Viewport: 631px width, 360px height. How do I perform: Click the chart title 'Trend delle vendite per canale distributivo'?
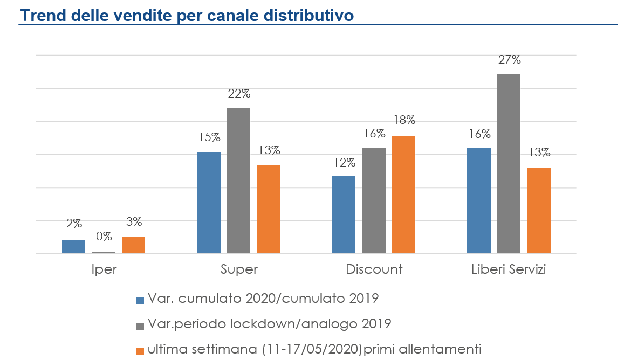187,15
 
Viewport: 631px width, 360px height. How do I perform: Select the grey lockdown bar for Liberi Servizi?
509,164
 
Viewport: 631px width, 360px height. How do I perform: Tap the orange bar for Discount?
403,195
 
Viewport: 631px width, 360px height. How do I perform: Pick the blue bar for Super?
209,203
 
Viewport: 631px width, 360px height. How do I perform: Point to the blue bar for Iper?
73,246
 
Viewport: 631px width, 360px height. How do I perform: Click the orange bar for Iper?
133,245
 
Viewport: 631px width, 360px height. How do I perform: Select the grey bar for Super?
238,181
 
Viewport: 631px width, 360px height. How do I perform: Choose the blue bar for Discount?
344,214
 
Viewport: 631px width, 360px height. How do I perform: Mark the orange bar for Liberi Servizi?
538,211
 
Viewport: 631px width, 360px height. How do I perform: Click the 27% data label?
509,60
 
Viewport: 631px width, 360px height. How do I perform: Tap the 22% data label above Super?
239,94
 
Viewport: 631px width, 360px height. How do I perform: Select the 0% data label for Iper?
104,236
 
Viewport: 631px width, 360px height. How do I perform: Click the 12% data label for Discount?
344,162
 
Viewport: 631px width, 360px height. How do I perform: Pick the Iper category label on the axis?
104,269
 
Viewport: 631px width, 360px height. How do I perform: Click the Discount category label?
374,269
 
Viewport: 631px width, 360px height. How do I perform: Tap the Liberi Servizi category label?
509,269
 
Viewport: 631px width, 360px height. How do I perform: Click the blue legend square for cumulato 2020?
141,300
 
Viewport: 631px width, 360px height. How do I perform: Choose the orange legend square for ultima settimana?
141,351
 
